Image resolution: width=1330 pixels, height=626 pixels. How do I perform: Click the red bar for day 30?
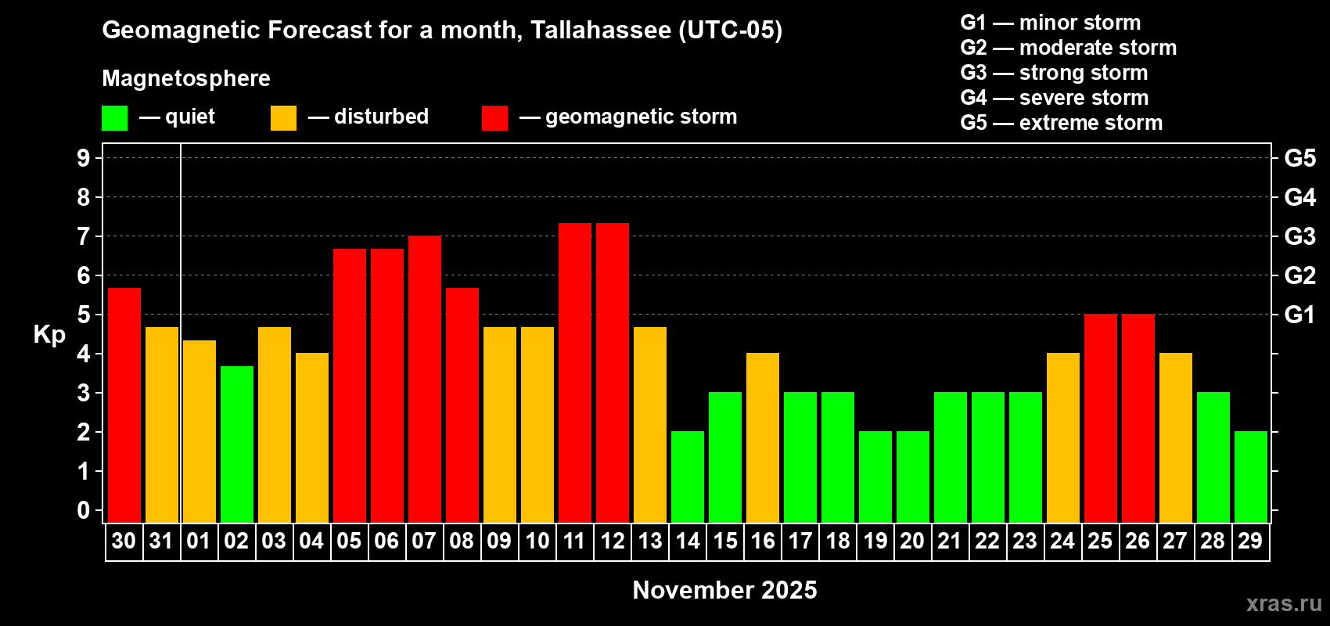tap(124, 405)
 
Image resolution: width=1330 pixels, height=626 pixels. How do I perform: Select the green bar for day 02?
tap(237, 444)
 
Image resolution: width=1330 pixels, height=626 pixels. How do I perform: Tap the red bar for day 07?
tap(425, 380)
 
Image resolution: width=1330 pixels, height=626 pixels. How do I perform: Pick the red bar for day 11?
tap(575, 373)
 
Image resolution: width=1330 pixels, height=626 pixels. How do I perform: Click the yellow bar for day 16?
tap(763, 438)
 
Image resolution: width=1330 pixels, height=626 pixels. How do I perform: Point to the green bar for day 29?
tap(1251, 477)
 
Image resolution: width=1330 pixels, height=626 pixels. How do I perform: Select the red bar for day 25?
tap(1101, 419)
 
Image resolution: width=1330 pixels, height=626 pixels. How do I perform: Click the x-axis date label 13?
tap(650, 541)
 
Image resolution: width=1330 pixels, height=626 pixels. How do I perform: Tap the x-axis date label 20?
tap(912, 541)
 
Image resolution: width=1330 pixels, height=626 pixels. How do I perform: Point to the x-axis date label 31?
tap(161, 541)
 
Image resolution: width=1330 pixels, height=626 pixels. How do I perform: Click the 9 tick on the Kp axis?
tap(84, 158)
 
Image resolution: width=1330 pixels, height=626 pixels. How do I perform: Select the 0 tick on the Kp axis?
tap(84, 511)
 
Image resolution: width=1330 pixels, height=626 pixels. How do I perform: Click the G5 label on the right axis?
tap(1299, 158)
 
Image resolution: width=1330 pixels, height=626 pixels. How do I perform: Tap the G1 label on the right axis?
tap(1299, 315)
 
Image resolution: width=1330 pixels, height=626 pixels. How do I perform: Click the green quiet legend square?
tap(115, 118)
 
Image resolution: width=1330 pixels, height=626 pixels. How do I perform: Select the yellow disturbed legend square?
tap(283, 118)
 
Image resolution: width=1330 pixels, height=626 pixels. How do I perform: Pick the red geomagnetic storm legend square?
tap(494, 118)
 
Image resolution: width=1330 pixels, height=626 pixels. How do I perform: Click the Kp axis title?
tap(49, 335)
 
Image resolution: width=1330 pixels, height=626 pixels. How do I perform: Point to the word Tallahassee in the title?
tap(601, 30)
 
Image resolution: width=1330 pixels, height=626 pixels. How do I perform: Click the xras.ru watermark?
tap(1284, 603)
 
